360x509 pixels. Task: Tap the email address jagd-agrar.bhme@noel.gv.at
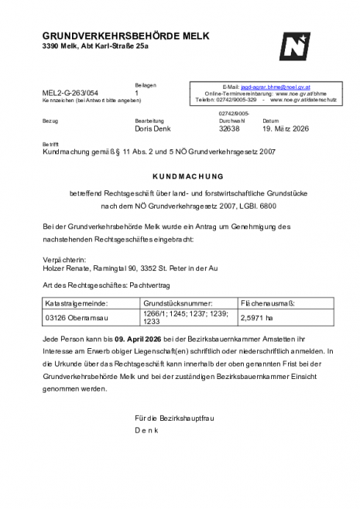[276, 88]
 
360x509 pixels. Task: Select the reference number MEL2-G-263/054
[70, 93]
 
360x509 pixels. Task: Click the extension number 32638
[231, 129]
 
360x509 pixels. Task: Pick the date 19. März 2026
[285, 129]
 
